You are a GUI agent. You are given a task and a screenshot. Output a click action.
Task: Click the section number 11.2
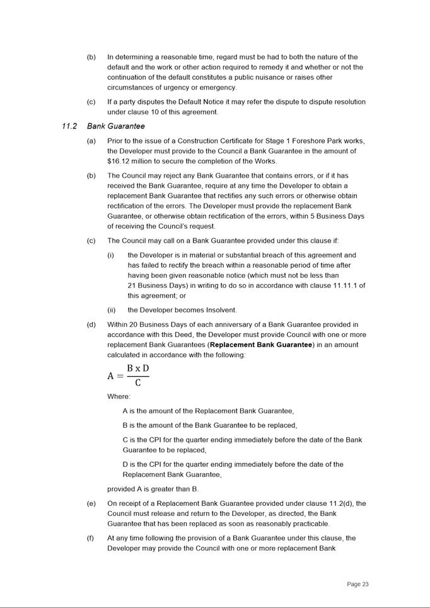click(69, 126)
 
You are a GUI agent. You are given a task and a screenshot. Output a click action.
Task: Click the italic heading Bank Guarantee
click(116, 126)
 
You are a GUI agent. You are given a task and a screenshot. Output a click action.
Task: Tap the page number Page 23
click(357, 584)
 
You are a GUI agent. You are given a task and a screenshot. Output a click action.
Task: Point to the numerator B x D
click(137, 368)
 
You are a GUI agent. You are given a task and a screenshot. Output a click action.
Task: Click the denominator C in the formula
click(137, 382)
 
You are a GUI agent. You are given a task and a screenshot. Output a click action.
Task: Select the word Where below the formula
click(118, 396)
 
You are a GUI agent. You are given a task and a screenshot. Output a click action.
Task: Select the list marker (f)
click(91, 538)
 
